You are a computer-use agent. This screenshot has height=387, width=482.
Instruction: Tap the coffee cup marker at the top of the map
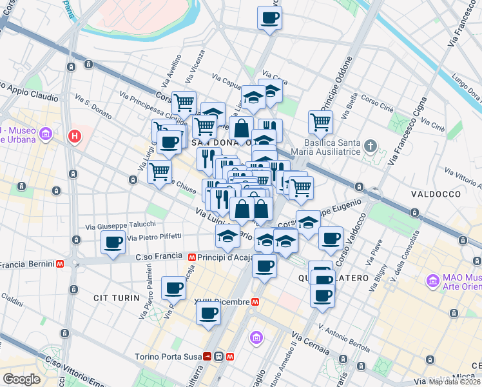coord(270,17)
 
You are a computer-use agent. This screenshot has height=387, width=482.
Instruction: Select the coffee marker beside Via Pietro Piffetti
coord(113,243)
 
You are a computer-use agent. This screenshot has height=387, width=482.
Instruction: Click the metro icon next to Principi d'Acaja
coord(192,257)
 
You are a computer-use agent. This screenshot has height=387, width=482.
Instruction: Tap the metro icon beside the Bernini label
coord(59,264)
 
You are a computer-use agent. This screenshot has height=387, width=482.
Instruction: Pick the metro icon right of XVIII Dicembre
coord(256,301)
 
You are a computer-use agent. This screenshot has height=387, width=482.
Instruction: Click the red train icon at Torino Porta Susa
coord(208,356)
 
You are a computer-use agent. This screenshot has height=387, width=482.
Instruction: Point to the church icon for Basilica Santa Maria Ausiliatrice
coord(369,145)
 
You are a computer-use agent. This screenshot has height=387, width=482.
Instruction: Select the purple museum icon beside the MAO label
coord(432,281)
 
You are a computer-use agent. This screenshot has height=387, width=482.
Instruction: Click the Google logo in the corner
coord(21,379)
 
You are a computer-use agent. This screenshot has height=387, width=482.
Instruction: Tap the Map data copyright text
coord(455,382)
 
